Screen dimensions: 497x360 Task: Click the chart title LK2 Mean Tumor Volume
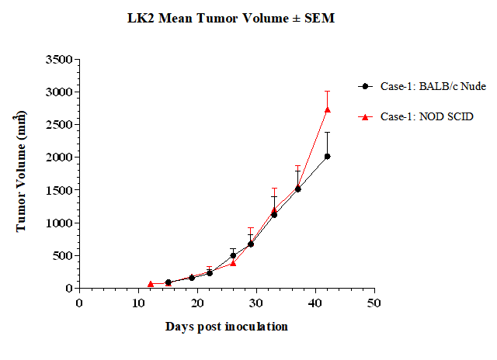(231, 18)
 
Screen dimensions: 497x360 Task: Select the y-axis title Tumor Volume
(20, 171)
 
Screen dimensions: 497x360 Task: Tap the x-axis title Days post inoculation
(226, 327)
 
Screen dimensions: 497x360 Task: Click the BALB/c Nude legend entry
(422, 86)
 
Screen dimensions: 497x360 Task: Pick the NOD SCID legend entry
(415, 116)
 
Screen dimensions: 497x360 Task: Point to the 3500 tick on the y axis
(59, 59)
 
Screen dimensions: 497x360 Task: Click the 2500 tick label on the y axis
(59, 124)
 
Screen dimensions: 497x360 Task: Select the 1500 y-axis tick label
(59, 190)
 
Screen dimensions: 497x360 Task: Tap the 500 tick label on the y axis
(63, 255)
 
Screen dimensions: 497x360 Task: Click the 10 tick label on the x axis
(138, 303)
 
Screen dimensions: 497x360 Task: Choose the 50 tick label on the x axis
(374, 303)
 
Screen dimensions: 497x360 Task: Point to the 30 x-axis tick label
(256, 303)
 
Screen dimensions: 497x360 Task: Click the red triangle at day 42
(328, 109)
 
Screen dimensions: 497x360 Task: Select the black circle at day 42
(328, 157)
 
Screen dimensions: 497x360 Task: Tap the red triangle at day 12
(150, 284)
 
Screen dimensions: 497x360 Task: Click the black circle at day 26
(233, 255)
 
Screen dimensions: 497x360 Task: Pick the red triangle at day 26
(233, 263)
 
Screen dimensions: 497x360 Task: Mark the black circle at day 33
(274, 215)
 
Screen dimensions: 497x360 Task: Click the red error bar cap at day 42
(328, 92)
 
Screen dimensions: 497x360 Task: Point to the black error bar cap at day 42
(328, 133)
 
